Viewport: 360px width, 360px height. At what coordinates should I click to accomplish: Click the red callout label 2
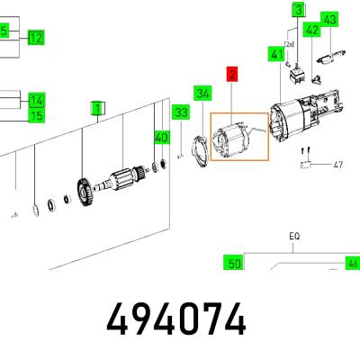click(x=232, y=74)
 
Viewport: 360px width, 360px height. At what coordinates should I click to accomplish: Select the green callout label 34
click(x=202, y=94)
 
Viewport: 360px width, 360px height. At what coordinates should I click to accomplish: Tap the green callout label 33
click(x=181, y=112)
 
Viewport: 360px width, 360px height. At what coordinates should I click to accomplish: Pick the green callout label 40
click(x=162, y=139)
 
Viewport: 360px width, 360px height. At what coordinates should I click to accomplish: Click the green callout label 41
click(x=276, y=54)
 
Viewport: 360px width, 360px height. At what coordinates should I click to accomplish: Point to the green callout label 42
click(x=311, y=30)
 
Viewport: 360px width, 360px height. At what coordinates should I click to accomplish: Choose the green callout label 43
click(x=329, y=20)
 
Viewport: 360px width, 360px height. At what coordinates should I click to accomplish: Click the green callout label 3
click(x=299, y=11)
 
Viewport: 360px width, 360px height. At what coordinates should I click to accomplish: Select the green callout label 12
click(x=36, y=38)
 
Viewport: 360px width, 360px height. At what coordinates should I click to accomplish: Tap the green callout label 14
click(x=37, y=101)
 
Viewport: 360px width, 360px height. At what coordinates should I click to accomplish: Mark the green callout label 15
click(x=37, y=115)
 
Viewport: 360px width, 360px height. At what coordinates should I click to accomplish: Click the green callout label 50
click(x=234, y=263)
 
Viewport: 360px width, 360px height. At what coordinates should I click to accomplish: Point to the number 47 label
click(x=338, y=165)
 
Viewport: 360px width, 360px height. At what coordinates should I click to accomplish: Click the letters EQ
click(x=294, y=237)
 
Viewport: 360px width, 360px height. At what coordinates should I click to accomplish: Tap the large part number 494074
click(x=176, y=319)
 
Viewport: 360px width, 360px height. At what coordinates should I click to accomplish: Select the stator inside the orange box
click(x=232, y=140)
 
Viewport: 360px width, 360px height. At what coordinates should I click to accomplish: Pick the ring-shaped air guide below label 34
click(x=200, y=151)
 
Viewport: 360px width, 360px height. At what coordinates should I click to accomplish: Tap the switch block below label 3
click(x=296, y=74)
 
